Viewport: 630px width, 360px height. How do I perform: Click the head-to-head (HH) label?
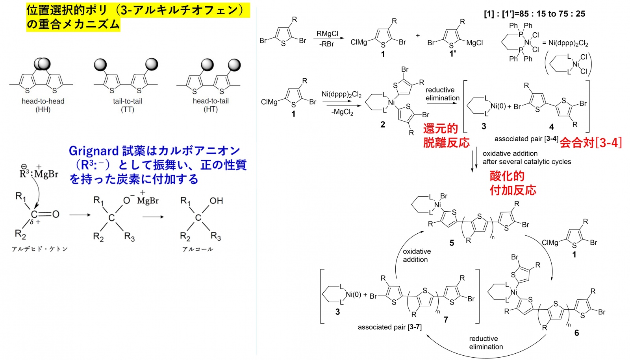tap(43, 105)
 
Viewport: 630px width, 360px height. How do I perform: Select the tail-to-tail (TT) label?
tap(127, 105)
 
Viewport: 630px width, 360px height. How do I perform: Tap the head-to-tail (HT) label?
tap(211, 105)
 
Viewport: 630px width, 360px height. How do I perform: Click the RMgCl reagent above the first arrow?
tap(327, 34)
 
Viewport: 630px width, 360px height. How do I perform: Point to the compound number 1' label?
tap(453, 54)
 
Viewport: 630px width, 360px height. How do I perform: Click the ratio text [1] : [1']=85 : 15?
tap(534, 14)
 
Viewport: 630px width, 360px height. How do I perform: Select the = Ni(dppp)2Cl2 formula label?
tap(565, 43)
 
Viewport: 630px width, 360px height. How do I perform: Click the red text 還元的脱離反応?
tap(446, 135)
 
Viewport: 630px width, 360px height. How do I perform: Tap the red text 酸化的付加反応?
tap(513, 183)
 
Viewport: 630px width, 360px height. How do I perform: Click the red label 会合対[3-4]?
tap(591, 142)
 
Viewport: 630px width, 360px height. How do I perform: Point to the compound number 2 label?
tap(383, 124)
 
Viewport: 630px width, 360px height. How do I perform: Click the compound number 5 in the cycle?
tap(452, 243)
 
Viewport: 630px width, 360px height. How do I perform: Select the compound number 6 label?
tap(576, 333)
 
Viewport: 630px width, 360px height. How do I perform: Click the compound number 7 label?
tap(446, 319)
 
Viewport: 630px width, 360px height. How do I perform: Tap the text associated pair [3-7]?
tap(389, 327)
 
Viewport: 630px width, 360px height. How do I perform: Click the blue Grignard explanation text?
tap(157, 165)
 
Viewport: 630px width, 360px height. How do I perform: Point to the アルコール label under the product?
tap(198, 249)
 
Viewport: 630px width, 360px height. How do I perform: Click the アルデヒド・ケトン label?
tap(39, 249)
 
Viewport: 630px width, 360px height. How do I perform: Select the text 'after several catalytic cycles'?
tap(526, 162)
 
